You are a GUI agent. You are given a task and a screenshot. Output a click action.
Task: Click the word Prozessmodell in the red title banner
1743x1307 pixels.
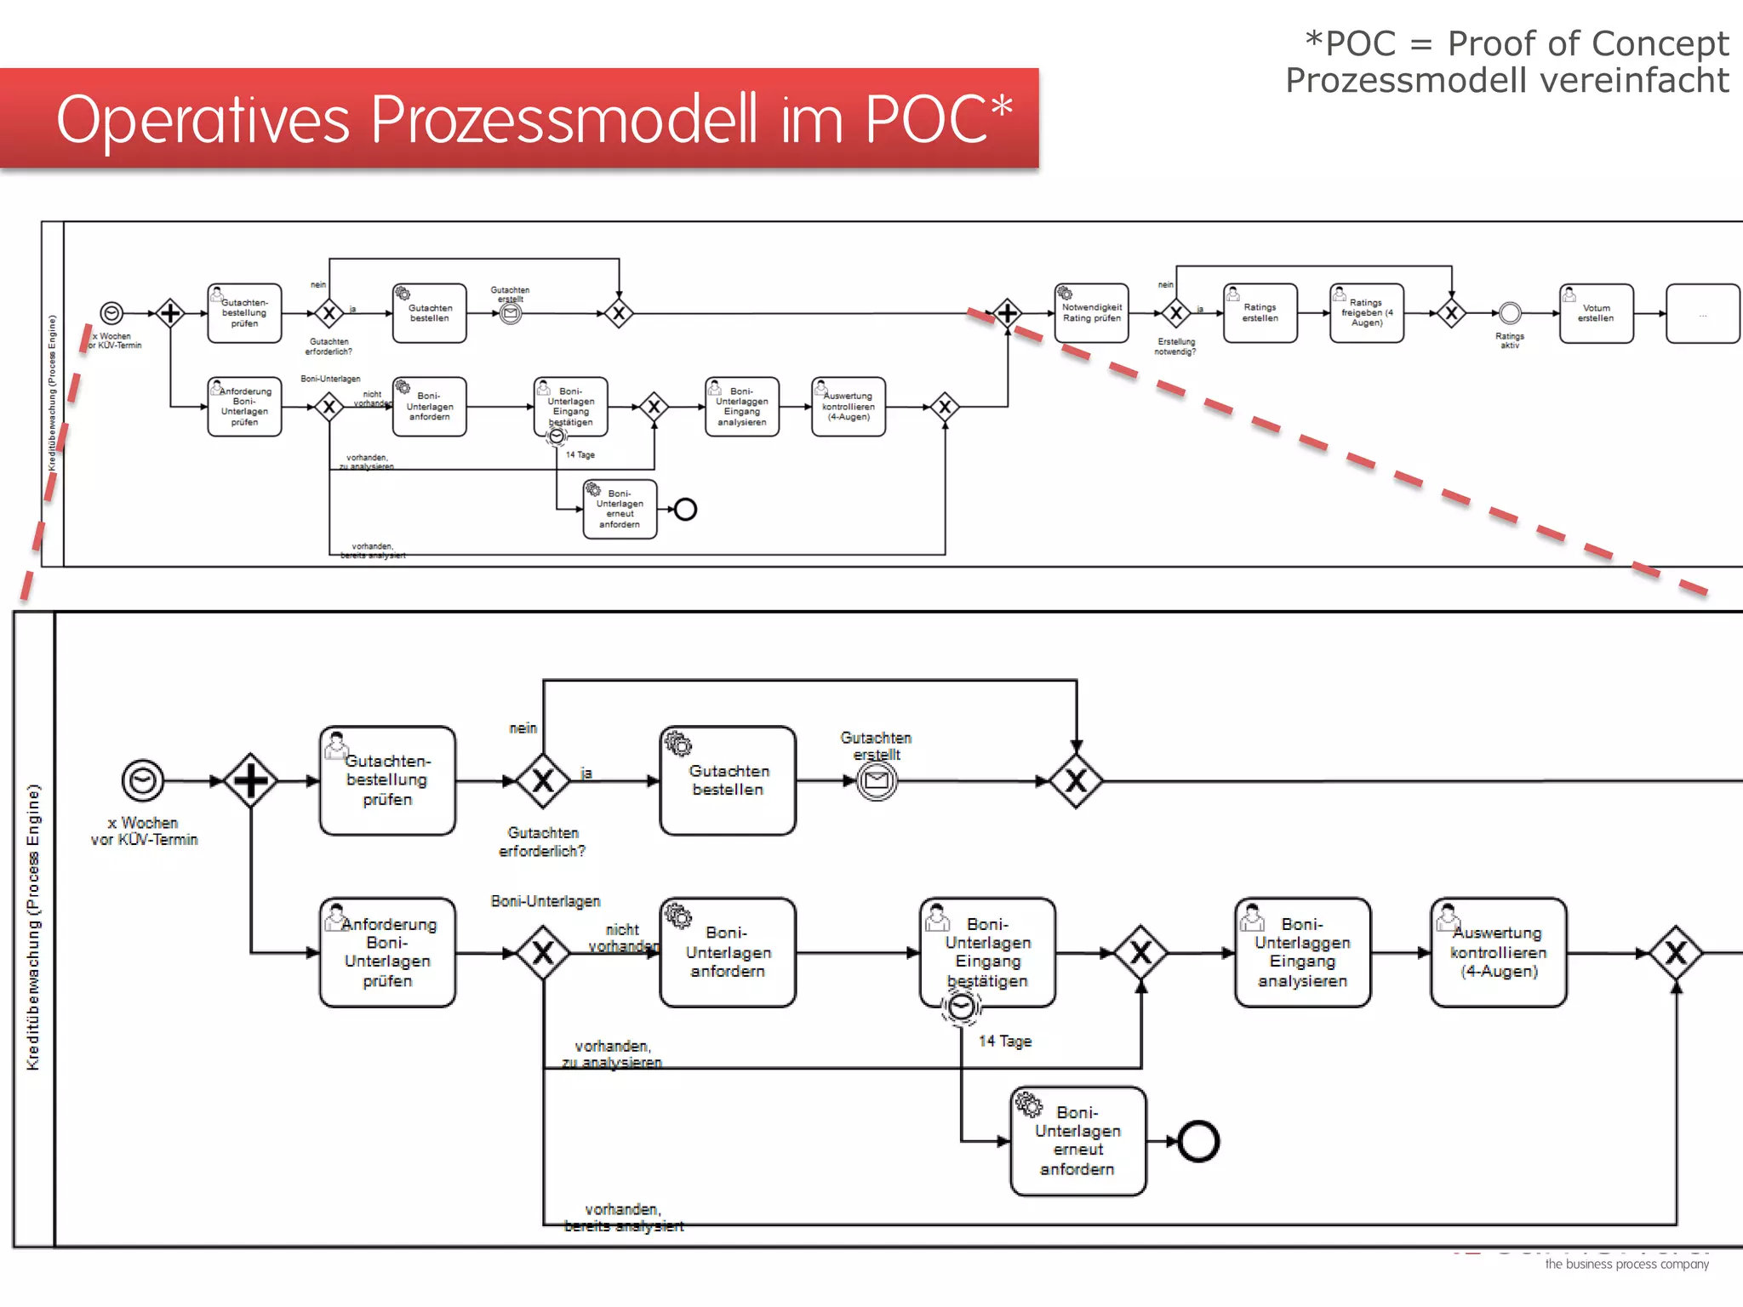pyautogui.click(x=563, y=119)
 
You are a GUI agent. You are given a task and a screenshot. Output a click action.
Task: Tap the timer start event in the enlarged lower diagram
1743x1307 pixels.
pyautogui.click(x=143, y=780)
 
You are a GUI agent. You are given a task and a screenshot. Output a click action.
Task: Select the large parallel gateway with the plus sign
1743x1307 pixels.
pyautogui.click(x=250, y=780)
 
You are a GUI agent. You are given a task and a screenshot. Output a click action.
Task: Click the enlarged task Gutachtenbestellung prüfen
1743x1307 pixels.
pyautogui.click(x=387, y=780)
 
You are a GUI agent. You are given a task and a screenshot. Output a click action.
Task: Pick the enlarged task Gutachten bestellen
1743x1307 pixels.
pyautogui.click(x=728, y=780)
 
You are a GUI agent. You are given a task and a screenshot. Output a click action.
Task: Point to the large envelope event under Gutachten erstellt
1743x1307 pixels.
pyautogui.click(x=877, y=780)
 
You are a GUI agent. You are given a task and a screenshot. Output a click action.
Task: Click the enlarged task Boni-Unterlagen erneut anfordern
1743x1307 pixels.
pyautogui.click(x=1077, y=1141)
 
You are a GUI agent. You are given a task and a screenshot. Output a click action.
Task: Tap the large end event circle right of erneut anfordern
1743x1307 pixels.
pyautogui.click(x=1199, y=1141)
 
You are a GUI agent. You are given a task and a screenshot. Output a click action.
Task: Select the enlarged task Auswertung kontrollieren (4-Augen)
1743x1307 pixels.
pyautogui.click(x=1498, y=952)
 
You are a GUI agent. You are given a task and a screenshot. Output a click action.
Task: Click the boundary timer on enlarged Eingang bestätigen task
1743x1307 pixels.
pyautogui.click(x=961, y=1007)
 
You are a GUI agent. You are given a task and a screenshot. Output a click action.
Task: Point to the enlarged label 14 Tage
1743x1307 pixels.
pyautogui.click(x=1004, y=1041)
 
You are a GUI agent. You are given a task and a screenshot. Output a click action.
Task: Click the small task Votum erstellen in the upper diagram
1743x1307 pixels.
pyautogui.click(x=1596, y=313)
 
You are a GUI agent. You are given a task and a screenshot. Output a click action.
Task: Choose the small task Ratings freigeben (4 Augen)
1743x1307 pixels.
pyautogui.click(x=1366, y=313)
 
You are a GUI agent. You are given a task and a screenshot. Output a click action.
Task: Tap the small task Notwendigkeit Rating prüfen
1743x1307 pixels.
pyautogui.click(x=1091, y=313)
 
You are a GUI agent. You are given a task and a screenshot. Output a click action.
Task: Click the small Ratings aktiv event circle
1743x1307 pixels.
pyautogui.click(x=1510, y=313)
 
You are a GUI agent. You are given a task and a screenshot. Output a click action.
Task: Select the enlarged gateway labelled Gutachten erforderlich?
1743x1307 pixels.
pyautogui.click(x=543, y=780)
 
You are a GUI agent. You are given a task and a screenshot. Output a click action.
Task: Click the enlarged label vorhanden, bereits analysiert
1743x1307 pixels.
pyautogui.click(x=623, y=1218)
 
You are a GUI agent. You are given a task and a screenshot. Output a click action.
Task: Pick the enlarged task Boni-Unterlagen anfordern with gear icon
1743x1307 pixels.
pyautogui.click(x=728, y=952)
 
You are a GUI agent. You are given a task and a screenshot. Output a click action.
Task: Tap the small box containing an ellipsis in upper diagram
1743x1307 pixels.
pyautogui.click(x=1702, y=313)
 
